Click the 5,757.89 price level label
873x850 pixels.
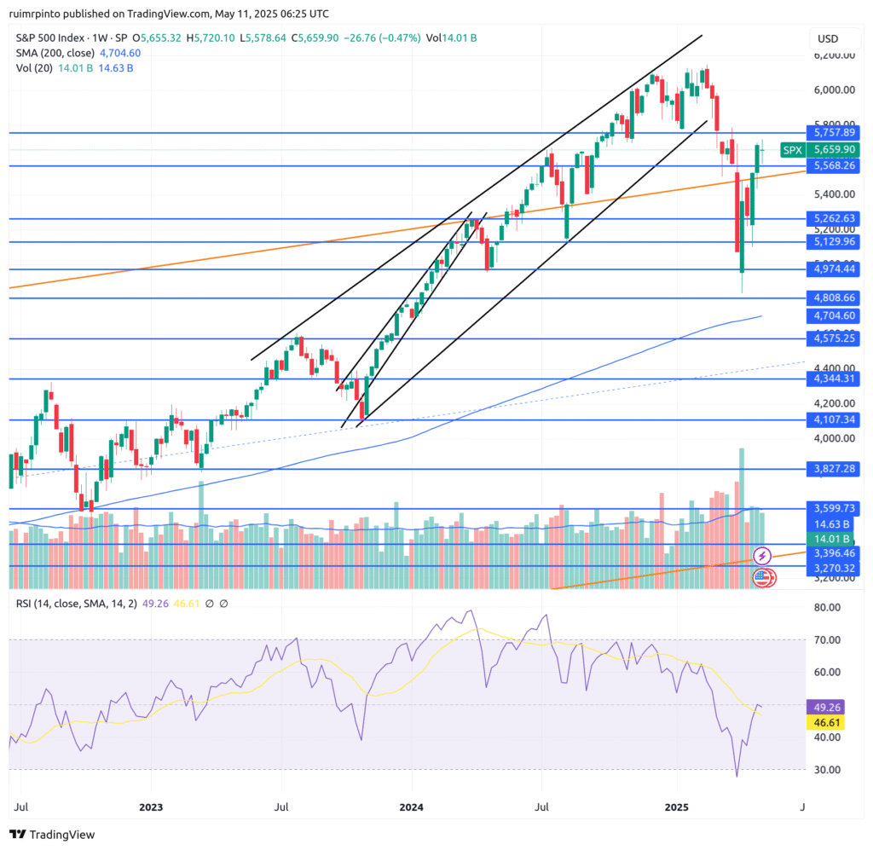834,133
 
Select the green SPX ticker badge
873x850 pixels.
793,149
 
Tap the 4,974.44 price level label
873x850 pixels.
834,269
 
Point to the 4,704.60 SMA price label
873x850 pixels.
834,315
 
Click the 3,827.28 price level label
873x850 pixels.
834,470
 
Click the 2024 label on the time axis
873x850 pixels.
413,806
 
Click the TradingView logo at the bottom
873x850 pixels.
53,835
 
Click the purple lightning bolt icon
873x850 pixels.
763,556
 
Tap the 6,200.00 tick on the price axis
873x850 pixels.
834,55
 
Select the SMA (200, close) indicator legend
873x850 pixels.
55,53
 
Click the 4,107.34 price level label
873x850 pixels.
834,420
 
